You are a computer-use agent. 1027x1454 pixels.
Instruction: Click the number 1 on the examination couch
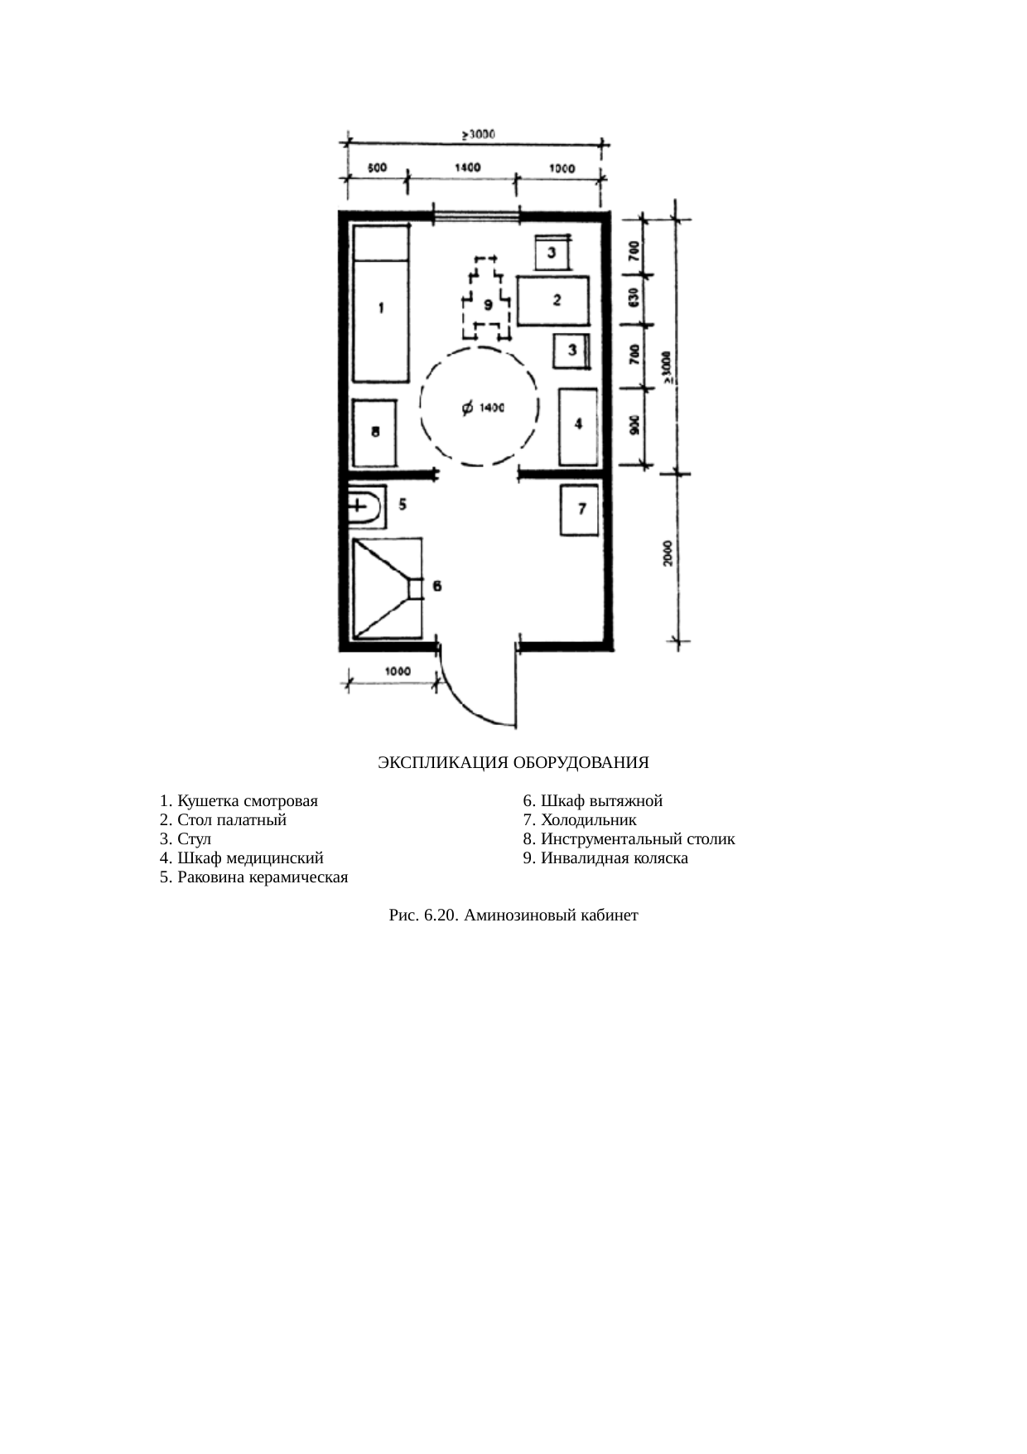[x=381, y=308]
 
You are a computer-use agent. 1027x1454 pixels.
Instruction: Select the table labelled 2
[x=554, y=301]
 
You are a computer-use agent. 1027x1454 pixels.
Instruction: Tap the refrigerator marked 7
[x=579, y=510]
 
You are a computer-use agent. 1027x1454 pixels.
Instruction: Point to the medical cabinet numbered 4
[x=577, y=427]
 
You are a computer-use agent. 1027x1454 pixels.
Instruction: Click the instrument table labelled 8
[x=375, y=433]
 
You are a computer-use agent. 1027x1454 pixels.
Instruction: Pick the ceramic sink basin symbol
[x=365, y=506]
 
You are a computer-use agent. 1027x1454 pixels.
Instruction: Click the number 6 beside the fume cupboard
[x=436, y=587]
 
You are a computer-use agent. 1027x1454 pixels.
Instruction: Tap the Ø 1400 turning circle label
[x=480, y=407]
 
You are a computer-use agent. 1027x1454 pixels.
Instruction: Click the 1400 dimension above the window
[x=467, y=167]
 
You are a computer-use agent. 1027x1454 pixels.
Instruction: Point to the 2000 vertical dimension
[x=668, y=553]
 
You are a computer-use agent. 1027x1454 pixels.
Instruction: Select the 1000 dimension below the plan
[x=398, y=671]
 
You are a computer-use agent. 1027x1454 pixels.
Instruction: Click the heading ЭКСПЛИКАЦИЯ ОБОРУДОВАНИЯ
[x=513, y=762]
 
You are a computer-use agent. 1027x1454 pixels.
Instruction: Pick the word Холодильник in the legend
[x=589, y=820]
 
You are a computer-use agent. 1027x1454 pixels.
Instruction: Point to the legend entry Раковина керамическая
[x=253, y=877]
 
